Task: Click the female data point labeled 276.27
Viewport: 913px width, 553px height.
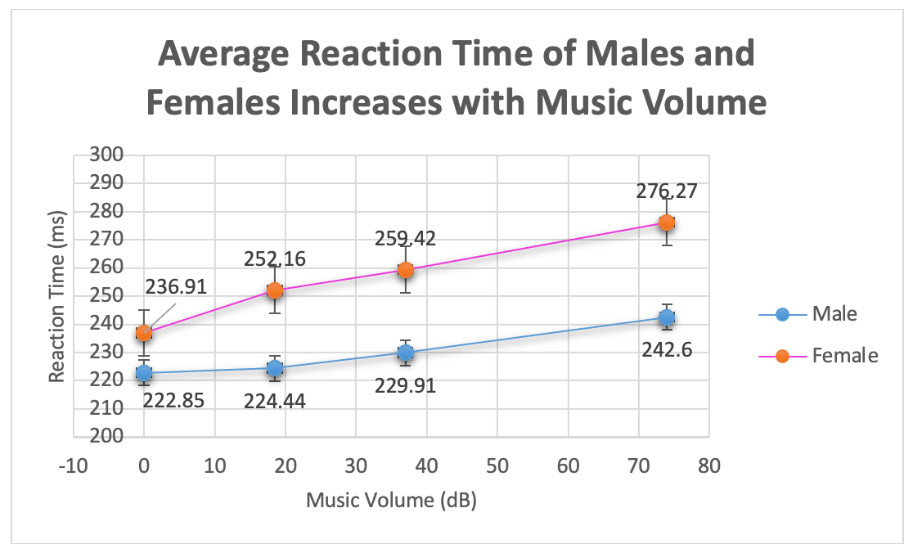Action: [x=667, y=223]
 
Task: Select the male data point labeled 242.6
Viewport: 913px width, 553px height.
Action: [x=667, y=317]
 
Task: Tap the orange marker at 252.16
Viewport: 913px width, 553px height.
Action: [x=275, y=290]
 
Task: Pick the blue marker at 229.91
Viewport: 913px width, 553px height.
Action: [x=406, y=353]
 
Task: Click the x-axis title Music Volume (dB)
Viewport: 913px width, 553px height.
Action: [x=391, y=500]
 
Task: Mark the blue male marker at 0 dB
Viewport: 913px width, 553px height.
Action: [x=144, y=373]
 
